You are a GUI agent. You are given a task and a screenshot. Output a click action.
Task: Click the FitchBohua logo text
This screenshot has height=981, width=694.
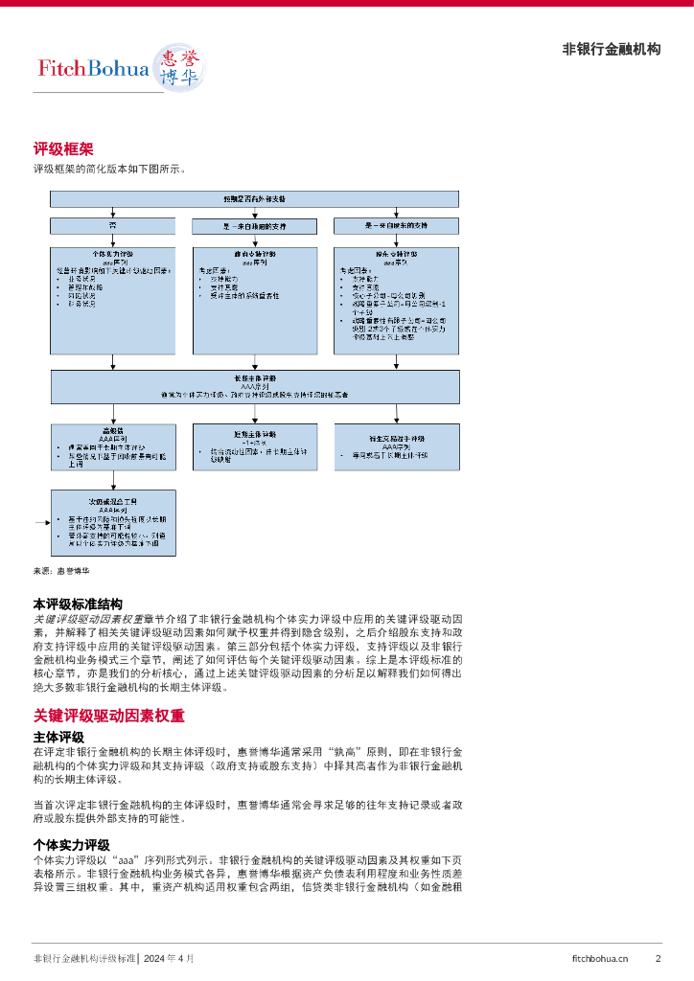[x=93, y=68]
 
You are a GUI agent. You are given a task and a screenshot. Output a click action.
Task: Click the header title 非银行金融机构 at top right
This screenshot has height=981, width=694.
[x=611, y=50]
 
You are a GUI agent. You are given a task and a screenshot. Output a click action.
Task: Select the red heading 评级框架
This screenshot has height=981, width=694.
[x=63, y=148]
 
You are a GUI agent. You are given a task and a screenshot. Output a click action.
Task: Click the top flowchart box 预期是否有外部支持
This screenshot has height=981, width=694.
[x=254, y=198]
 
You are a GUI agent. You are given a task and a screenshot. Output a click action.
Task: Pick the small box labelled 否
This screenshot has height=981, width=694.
[x=112, y=225]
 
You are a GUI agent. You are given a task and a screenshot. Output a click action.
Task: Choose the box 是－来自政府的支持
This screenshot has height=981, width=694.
[x=254, y=226]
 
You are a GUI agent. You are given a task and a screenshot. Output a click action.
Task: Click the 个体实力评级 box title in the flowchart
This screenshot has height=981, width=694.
[x=114, y=254]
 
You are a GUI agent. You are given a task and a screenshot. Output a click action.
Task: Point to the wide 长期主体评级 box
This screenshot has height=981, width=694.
[x=254, y=385]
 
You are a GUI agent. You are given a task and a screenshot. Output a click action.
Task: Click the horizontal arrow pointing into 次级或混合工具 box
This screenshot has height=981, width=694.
[x=42, y=523]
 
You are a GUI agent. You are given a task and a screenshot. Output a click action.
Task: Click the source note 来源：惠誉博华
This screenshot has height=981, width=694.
[x=61, y=571]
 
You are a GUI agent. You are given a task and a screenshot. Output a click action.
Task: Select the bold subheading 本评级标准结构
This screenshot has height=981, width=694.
[x=78, y=605]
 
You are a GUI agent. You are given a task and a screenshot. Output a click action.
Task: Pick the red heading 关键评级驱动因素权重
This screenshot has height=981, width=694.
[x=108, y=716]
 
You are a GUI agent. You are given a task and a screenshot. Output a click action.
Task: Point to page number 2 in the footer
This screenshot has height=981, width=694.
[x=658, y=958]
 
